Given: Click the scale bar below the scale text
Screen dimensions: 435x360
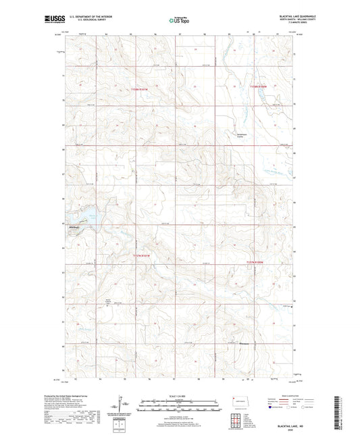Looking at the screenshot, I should click(x=179, y=403).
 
